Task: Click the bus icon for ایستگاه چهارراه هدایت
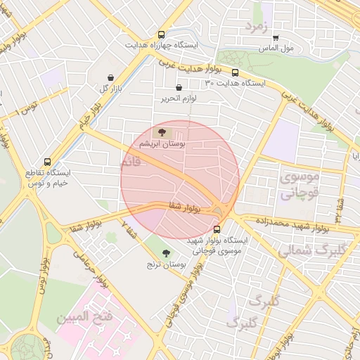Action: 162,34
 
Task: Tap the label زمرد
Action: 257,27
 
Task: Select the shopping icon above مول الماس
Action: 276,38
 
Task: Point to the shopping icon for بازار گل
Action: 110,78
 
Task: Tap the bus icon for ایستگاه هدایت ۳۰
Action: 235,72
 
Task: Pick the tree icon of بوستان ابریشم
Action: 163,131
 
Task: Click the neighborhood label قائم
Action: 131,163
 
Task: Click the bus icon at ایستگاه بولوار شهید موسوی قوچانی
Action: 216,229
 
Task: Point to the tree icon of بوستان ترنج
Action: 166,253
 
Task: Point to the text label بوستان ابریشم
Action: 163,143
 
